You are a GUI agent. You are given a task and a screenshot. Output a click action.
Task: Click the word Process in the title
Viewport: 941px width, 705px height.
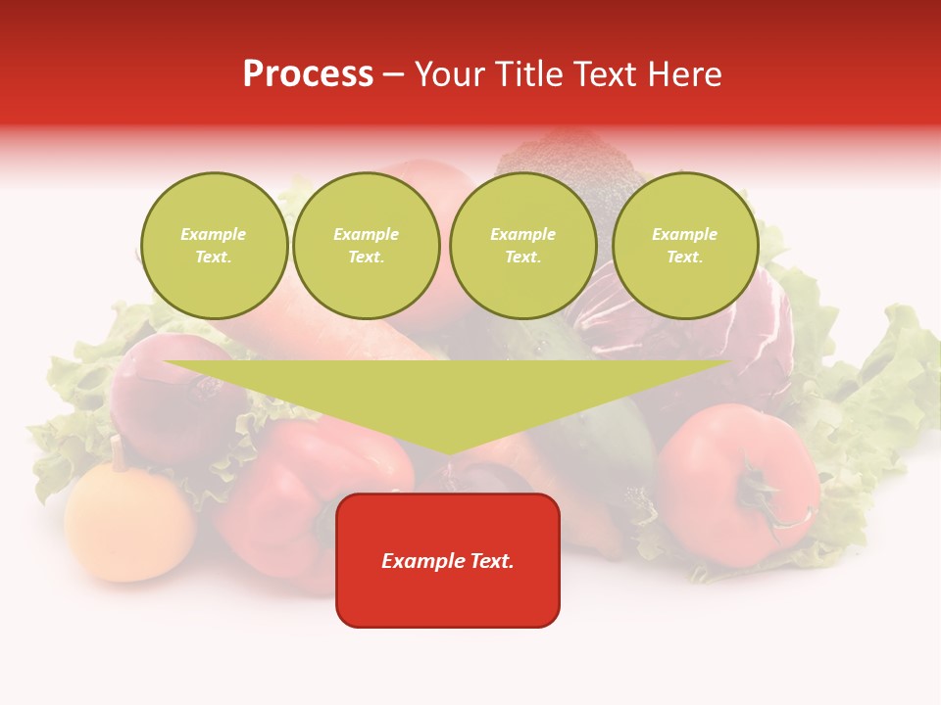point(308,74)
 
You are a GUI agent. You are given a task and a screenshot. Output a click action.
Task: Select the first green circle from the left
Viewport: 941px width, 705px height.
point(215,246)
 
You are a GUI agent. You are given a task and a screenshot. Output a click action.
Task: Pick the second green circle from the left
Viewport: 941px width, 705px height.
point(367,246)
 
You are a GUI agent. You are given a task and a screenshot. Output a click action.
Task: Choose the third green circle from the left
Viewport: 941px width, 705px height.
point(523,246)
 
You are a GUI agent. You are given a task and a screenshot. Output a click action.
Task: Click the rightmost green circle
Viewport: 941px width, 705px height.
point(685,246)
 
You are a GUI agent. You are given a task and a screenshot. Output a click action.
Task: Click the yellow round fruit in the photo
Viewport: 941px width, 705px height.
point(128,525)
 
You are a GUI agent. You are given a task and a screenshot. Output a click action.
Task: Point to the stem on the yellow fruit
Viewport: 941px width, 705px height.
point(119,452)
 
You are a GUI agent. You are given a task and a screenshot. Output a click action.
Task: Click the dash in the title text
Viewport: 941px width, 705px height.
point(394,74)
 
